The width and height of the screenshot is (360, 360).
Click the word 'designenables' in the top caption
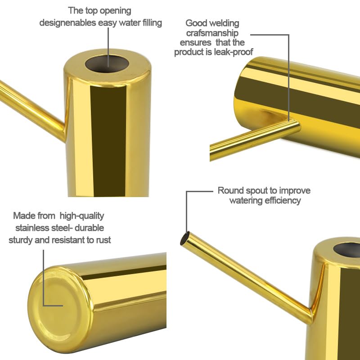pos(68,23)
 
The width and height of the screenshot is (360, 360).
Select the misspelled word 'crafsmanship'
pos(212,33)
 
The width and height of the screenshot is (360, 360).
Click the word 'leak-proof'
pos(234,52)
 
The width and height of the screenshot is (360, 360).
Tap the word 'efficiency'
pos(283,200)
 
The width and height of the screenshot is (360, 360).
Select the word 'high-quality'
pos(82,216)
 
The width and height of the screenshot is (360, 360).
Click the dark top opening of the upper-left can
pos(107,63)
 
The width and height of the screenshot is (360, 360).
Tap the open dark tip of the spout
pos(185,238)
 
